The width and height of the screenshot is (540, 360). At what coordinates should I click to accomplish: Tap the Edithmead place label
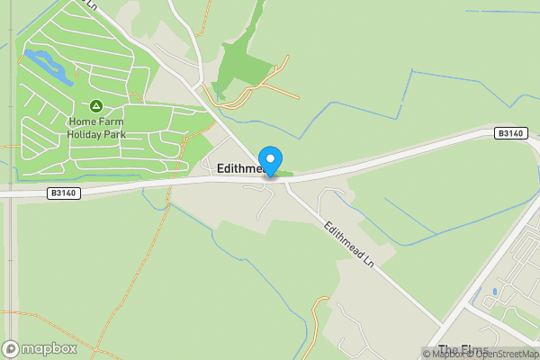point(241,168)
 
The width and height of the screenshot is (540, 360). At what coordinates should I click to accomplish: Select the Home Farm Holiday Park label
point(96,128)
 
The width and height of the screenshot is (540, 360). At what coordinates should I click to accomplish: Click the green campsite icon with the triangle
point(96,106)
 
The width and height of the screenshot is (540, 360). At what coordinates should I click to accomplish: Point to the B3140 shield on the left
point(63,192)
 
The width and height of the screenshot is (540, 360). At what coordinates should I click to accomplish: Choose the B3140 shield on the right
point(509,133)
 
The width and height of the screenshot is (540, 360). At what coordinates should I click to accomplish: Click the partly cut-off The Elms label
point(463,349)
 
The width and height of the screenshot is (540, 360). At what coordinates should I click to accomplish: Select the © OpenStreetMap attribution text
point(506,354)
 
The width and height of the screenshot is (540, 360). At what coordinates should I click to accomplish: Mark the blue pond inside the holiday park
point(46,67)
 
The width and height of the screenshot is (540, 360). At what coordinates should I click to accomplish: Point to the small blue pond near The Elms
point(494,292)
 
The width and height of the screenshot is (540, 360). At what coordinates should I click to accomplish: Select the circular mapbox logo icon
point(12,348)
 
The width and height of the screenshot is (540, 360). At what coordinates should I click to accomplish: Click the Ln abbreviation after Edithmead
point(367,265)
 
